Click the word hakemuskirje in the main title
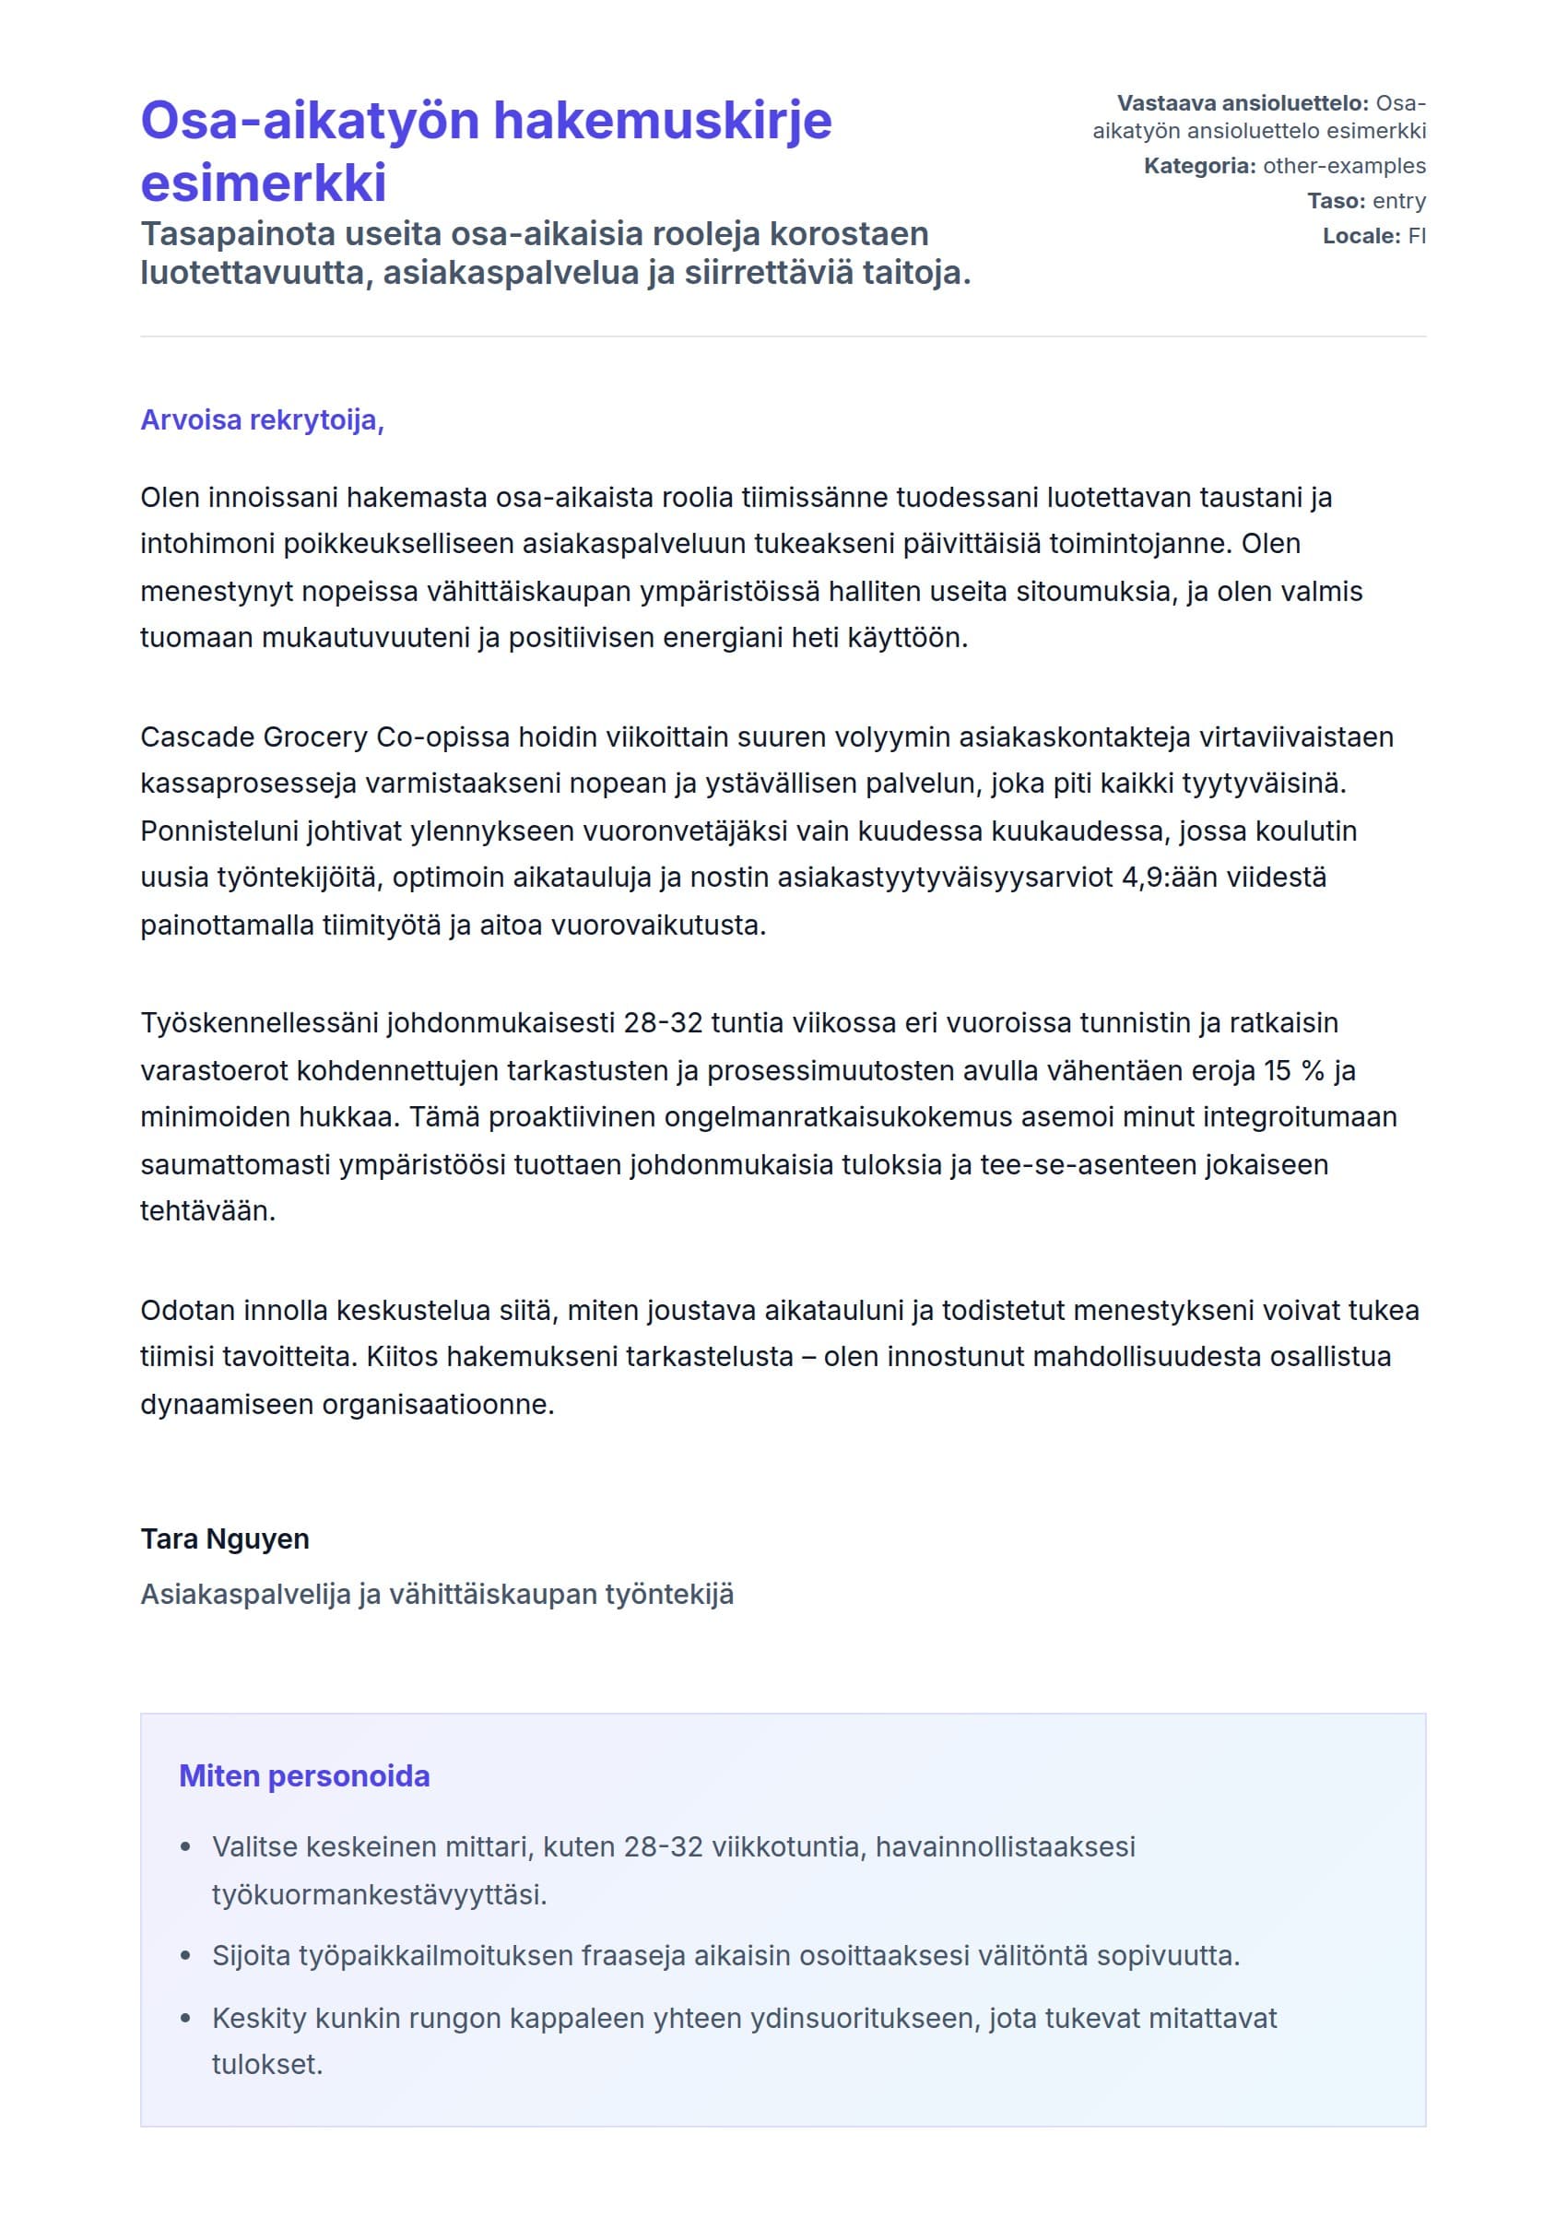(x=662, y=122)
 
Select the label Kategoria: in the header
(x=1199, y=166)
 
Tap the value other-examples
(x=1343, y=166)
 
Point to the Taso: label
(x=1336, y=201)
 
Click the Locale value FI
(x=1416, y=235)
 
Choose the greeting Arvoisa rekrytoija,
(x=263, y=419)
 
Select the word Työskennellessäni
(x=260, y=1023)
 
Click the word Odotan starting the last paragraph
(x=187, y=1311)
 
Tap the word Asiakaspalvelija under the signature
(x=245, y=1595)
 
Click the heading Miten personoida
(x=304, y=1776)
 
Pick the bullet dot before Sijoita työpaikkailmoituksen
(x=186, y=1956)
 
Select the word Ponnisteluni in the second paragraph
(x=219, y=831)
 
